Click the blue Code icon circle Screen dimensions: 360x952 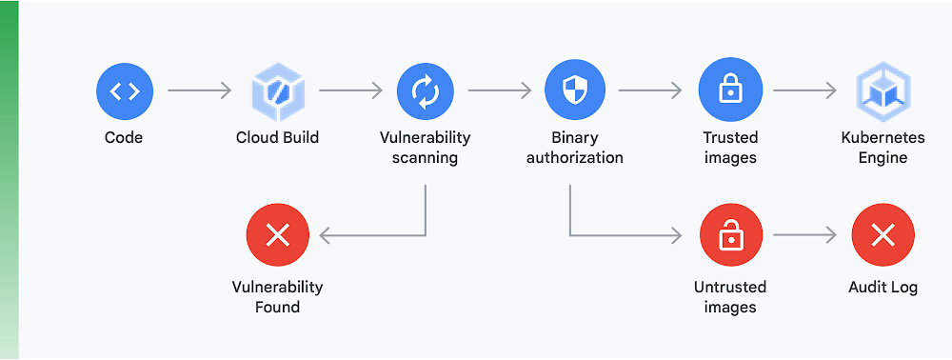point(124,91)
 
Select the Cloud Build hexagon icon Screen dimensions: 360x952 point(277,91)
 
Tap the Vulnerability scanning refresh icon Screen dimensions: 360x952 point(425,91)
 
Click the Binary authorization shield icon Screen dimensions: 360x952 point(574,91)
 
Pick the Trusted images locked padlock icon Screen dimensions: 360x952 point(730,91)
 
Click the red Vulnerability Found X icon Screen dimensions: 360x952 point(277,235)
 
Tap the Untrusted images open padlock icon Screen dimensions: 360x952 point(730,235)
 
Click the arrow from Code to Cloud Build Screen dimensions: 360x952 point(200,91)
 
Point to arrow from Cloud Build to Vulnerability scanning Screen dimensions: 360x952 point(350,91)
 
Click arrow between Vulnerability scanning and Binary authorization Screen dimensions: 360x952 point(500,91)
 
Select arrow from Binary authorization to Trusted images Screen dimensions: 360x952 point(650,91)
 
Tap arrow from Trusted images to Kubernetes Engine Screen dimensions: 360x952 point(804,91)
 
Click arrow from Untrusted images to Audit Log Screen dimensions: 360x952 point(804,235)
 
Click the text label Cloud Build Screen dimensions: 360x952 point(277,137)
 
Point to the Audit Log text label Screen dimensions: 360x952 point(883,287)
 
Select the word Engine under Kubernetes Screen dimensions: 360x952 point(883,157)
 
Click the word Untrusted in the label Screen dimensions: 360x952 point(730,287)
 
